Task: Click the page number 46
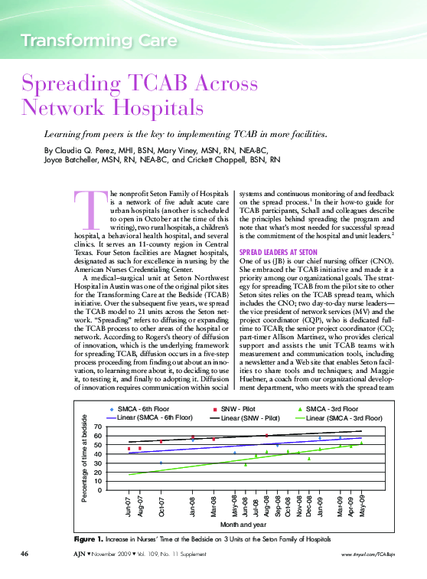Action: pyautogui.click(x=24, y=553)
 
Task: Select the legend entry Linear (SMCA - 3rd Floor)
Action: pyautogui.click(x=344, y=418)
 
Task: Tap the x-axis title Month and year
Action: pyautogui.click(x=245, y=525)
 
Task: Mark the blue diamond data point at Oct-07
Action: pyautogui.click(x=161, y=463)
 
